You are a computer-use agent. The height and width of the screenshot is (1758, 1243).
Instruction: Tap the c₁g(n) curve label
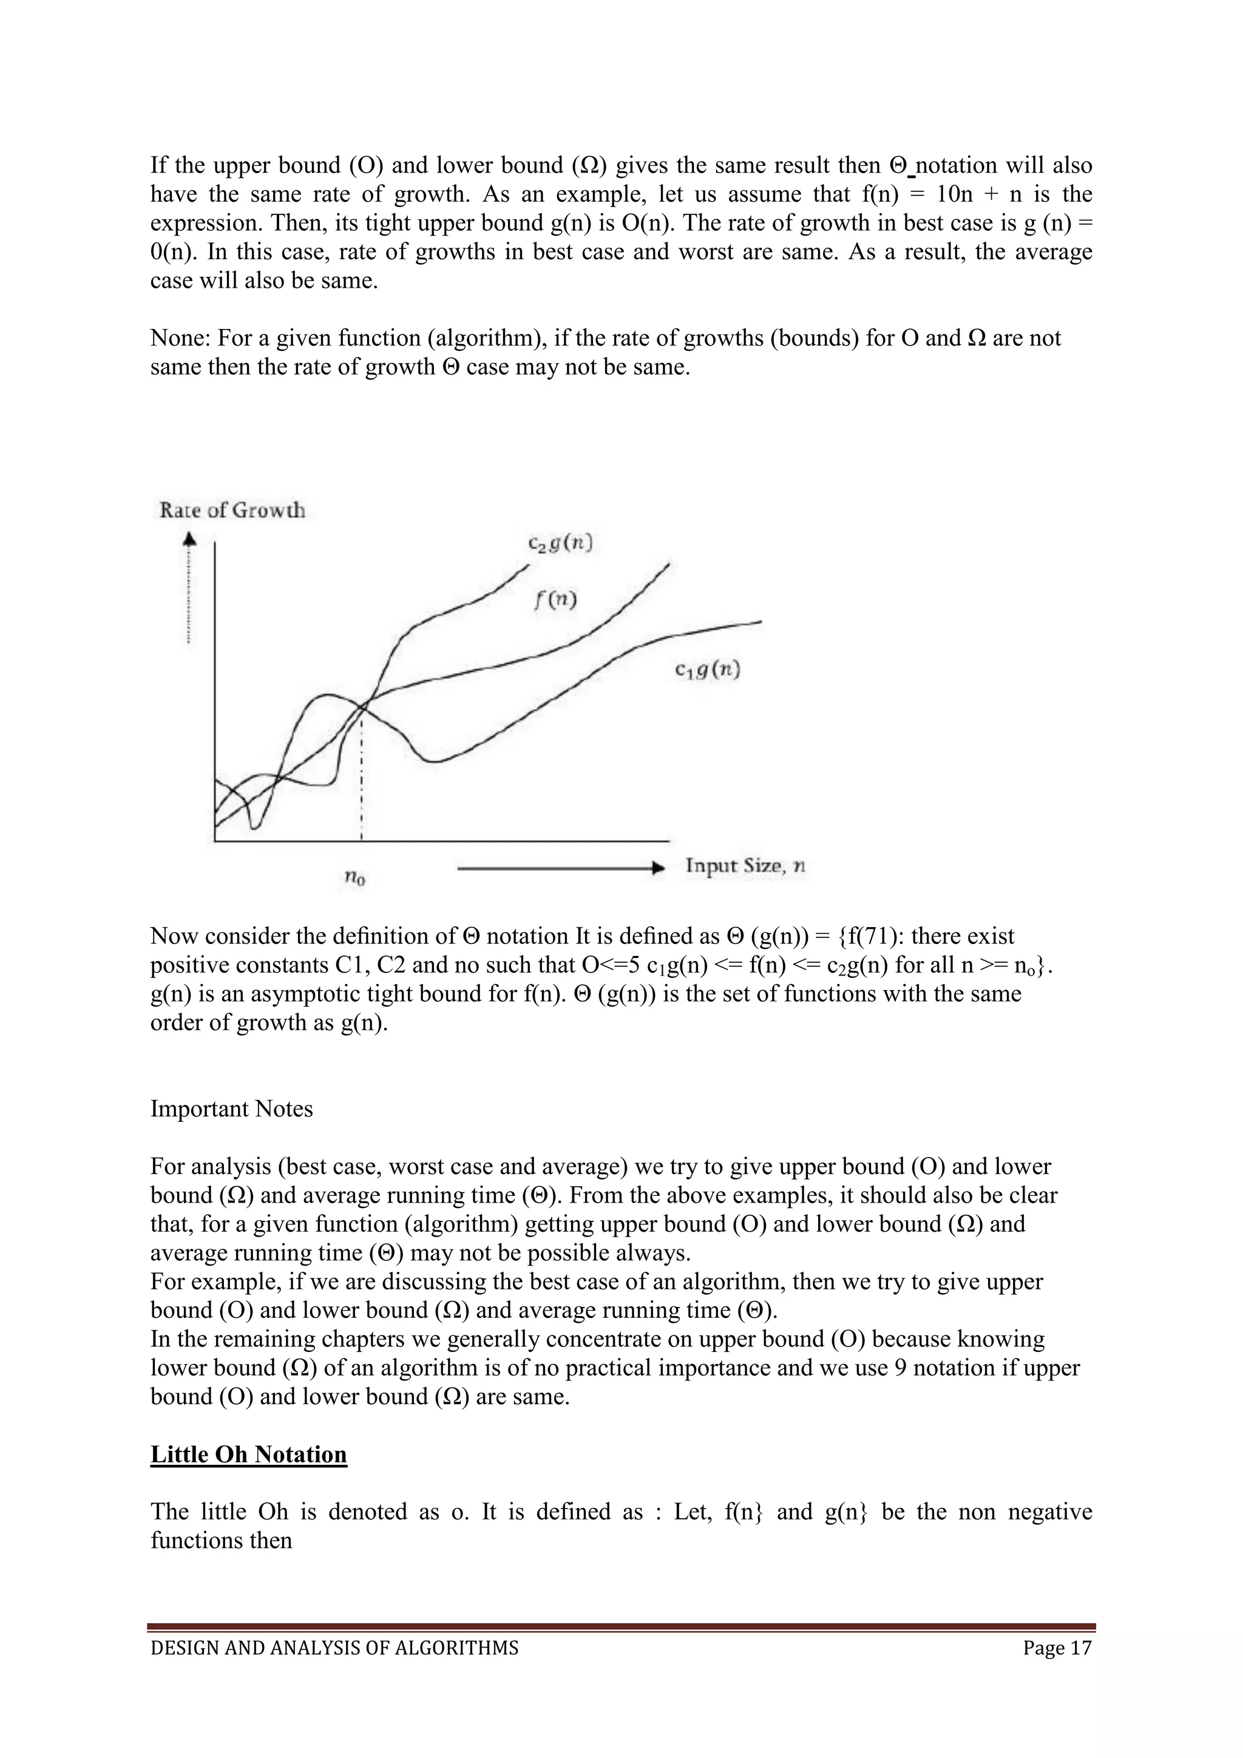707,671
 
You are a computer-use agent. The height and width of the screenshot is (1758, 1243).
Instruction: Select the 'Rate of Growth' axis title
232,510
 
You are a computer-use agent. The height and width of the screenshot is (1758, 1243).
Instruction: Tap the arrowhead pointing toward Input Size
657,868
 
